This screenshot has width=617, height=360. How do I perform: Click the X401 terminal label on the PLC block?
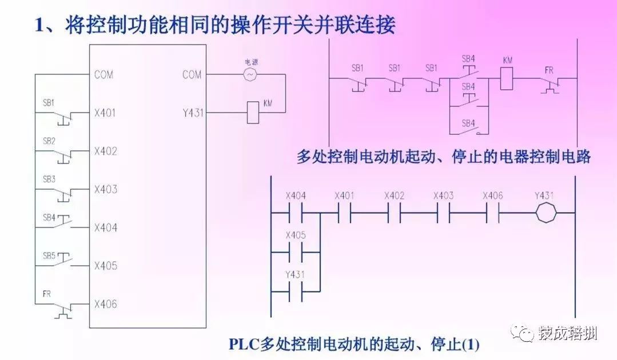(x=105, y=113)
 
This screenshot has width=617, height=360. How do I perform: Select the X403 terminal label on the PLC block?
(x=105, y=189)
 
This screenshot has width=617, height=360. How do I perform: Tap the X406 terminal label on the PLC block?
(x=105, y=304)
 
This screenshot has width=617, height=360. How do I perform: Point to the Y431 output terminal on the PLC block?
(x=192, y=113)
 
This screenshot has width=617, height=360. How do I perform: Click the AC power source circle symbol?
(x=250, y=74)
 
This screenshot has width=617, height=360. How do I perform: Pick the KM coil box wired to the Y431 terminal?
(x=253, y=113)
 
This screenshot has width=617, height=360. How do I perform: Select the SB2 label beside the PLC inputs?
(x=49, y=141)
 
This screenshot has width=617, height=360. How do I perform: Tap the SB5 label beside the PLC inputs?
(x=49, y=255)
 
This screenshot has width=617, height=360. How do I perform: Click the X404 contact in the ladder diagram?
(x=296, y=213)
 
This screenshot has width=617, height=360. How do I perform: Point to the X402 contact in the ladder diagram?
(x=395, y=213)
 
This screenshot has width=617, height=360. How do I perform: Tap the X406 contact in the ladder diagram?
(x=493, y=213)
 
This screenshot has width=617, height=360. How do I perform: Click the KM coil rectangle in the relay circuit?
(x=507, y=78)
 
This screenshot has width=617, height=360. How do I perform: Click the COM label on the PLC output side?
(x=192, y=74)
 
